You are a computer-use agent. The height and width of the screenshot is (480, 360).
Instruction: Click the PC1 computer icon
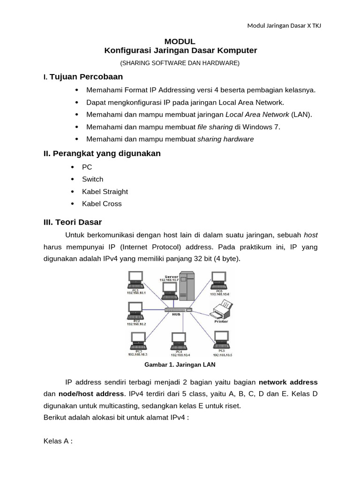pos(136,280)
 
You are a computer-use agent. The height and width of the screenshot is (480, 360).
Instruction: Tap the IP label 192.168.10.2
pos(136,324)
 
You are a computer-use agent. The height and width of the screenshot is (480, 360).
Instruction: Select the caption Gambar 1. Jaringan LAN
pos(180,364)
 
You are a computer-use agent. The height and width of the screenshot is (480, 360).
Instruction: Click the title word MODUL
pos(180,41)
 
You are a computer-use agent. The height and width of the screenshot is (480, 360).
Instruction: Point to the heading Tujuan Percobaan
pos(86,76)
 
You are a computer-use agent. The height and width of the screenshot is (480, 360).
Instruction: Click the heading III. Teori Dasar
pos(72,222)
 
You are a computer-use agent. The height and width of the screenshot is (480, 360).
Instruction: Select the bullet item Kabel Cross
pos(102,204)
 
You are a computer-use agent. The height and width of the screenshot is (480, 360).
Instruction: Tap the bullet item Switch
pos(92,179)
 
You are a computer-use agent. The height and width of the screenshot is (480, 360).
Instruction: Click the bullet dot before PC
pos(72,167)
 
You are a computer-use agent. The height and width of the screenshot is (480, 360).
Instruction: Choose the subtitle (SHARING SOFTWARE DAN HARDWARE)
pos(180,63)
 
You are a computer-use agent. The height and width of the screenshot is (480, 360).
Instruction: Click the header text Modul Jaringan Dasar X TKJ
pos(284,25)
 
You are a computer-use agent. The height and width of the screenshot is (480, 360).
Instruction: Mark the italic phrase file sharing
pos(215,127)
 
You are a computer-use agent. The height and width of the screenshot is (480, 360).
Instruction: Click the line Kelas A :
pos(58,442)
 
